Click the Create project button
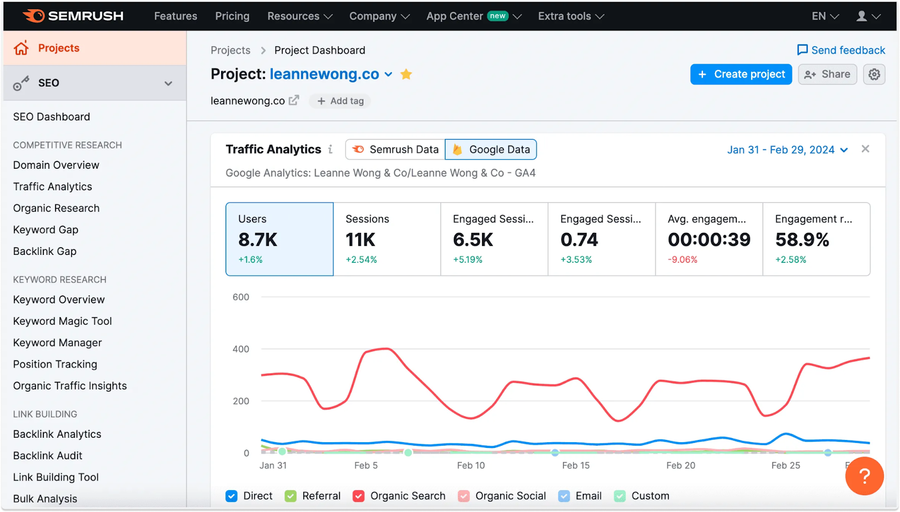[x=741, y=74]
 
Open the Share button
[x=827, y=74]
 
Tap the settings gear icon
[x=874, y=74]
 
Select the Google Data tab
[x=490, y=150]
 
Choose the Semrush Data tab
[x=395, y=150]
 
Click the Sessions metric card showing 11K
[x=387, y=239]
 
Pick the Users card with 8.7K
[x=280, y=239]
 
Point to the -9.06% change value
[x=682, y=260]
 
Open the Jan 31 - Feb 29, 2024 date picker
[x=787, y=150]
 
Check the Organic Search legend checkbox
[x=358, y=496]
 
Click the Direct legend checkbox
[x=231, y=496]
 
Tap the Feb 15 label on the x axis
[x=576, y=466]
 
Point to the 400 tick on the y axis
[x=241, y=349]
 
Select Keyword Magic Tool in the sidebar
[x=62, y=321]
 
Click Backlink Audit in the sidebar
[x=48, y=456]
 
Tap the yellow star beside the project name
[x=406, y=74]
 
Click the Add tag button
[x=340, y=101]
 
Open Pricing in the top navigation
[x=232, y=16]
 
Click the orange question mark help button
[x=864, y=476]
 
